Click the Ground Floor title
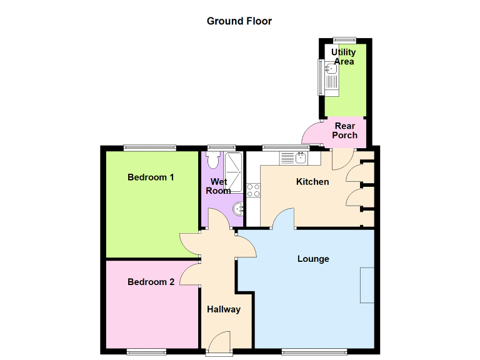(239, 21)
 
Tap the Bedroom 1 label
(151, 177)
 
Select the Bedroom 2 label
(151, 282)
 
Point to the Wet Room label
(218, 186)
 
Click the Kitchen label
(312, 182)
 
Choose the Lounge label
(313, 259)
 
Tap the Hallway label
(223, 309)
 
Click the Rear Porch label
(345, 131)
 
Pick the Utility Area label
(344, 57)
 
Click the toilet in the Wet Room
(214, 160)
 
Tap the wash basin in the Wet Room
(238, 208)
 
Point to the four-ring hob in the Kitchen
(253, 190)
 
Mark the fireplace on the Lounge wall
(367, 284)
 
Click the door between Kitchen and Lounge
(284, 219)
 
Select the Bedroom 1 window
(149, 147)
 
